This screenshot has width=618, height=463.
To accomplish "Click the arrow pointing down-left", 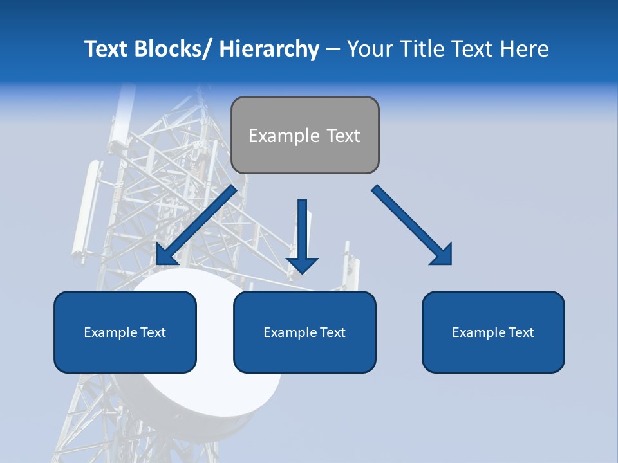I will point(196,226).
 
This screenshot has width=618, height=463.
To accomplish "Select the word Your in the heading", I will point(370,49).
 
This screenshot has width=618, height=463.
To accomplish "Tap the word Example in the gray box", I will point(284,136).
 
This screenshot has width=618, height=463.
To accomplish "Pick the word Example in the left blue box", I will point(109,332).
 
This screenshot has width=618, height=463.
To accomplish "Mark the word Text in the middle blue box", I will point(333,332).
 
